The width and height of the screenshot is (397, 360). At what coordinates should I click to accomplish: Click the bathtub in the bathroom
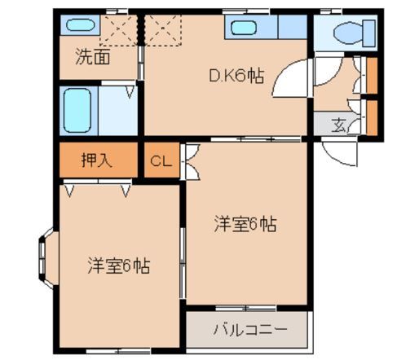click(80, 109)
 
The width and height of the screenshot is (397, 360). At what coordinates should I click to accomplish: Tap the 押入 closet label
click(96, 160)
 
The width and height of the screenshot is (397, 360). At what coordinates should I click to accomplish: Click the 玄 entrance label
click(337, 125)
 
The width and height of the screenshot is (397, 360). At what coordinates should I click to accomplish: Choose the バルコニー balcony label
click(249, 331)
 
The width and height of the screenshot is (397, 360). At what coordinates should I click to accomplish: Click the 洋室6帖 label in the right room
click(245, 223)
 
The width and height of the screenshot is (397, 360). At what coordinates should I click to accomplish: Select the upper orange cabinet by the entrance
click(372, 77)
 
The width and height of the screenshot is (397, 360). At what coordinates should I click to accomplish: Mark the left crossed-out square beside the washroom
click(118, 34)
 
